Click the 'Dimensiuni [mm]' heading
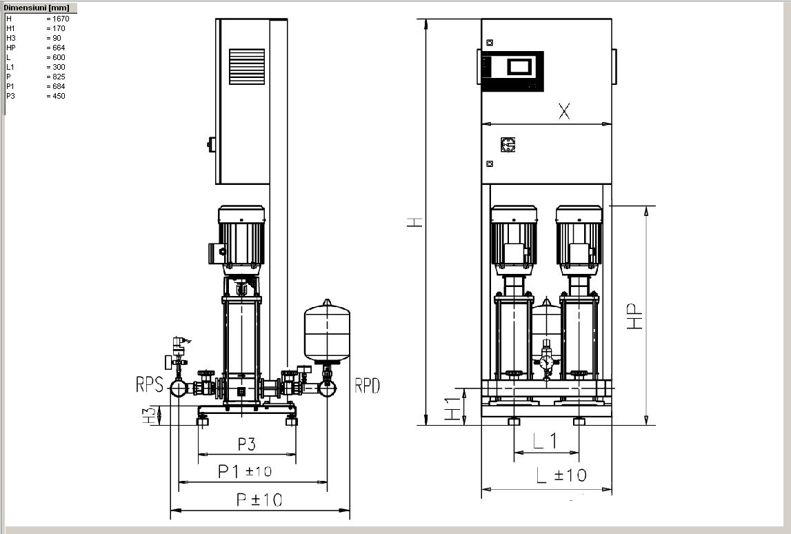click(37, 8)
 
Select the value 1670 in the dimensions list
click(61, 19)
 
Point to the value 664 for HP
click(59, 48)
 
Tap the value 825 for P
click(59, 77)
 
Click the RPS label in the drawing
click(150, 384)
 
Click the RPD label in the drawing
click(368, 386)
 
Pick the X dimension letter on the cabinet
click(564, 111)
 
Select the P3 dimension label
click(247, 444)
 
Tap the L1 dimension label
click(545, 441)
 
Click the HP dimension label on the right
click(635, 317)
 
